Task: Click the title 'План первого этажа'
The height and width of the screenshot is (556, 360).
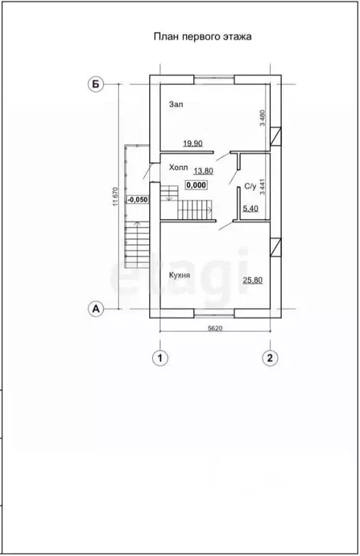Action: (202, 37)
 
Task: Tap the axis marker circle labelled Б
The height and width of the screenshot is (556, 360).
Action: (96, 84)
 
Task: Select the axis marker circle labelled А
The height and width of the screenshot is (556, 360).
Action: (96, 309)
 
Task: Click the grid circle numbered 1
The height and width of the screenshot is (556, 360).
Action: (160, 357)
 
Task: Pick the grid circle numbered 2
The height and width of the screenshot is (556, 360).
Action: (270, 357)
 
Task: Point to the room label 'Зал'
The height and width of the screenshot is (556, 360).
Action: (176, 104)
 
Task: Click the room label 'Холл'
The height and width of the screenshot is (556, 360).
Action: (178, 167)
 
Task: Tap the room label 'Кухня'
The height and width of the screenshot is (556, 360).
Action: (180, 275)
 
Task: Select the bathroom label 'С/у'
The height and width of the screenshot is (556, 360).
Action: (250, 186)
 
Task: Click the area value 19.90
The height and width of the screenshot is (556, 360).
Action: (193, 144)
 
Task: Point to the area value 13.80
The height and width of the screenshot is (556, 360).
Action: (204, 171)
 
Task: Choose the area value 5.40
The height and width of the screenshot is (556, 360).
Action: (250, 209)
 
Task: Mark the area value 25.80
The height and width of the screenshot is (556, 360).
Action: (253, 281)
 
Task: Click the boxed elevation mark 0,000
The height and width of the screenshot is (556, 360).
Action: (196, 185)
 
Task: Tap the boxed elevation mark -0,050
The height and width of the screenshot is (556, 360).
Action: (137, 199)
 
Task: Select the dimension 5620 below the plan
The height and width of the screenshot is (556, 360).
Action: (214, 328)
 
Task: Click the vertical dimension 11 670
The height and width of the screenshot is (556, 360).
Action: (114, 196)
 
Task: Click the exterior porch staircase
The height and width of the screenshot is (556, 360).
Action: (137, 244)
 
